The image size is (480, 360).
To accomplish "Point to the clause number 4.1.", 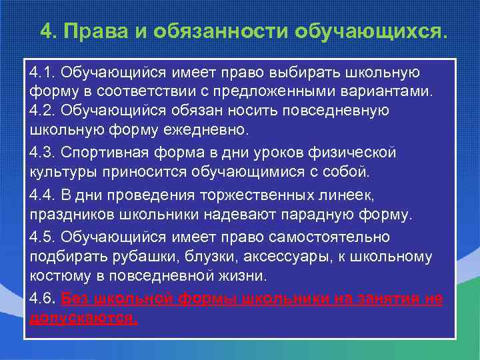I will pos(41,71).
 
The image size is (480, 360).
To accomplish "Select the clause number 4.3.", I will pos(41,153).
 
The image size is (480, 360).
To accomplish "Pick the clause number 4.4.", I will pos(41,195).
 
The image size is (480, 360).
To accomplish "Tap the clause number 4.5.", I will pos(41,237).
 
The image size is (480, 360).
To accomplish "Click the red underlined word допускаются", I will pos(84,318).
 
